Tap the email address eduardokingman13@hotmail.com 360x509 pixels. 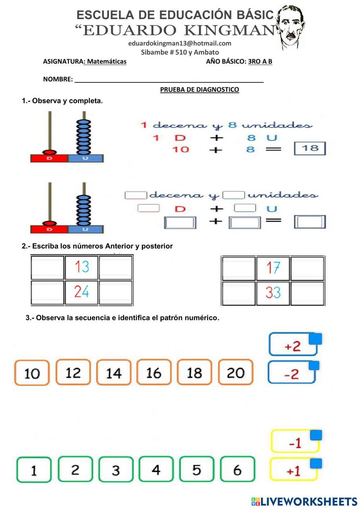(x=180, y=44)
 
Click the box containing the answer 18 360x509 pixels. (x=310, y=148)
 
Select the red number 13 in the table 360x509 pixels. (x=82, y=267)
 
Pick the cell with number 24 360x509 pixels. (x=82, y=291)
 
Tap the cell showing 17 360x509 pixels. (x=273, y=268)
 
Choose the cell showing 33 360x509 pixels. (x=273, y=293)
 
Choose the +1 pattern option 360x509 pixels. (x=294, y=470)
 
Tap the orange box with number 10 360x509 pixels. (x=32, y=373)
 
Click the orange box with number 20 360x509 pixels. (x=235, y=372)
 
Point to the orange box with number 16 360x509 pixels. (x=154, y=372)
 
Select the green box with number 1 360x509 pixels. (x=34, y=470)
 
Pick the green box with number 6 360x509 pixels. (x=237, y=469)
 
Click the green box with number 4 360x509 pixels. (x=156, y=469)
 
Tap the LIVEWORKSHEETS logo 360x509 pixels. (x=304, y=501)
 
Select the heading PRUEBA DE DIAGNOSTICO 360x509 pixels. (x=199, y=90)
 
